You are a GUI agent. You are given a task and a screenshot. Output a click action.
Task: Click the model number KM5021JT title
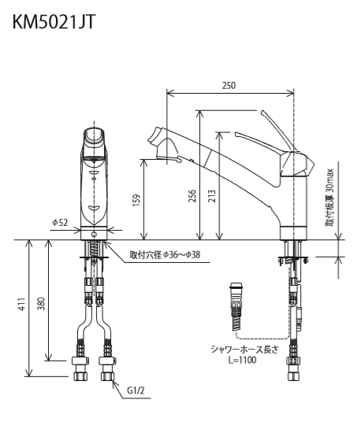point(54,22)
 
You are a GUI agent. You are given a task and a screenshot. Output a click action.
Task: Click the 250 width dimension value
point(229,86)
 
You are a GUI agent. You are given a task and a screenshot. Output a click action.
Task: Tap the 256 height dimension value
point(192,195)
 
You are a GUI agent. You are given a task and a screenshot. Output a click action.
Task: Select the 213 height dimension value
point(212,195)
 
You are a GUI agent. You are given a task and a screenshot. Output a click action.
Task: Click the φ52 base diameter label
point(60,222)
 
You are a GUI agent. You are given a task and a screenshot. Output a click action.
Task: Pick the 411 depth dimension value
point(22,304)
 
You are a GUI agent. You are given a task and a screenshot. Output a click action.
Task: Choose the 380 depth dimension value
point(41,304)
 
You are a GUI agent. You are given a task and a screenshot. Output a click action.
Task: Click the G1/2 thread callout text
point(135,390)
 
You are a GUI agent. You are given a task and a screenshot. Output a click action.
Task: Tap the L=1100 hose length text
point(243,360)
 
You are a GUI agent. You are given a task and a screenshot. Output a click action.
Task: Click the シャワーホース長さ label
point(244,350)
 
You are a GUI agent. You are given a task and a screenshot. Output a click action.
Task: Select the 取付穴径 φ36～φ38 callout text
point(165,254)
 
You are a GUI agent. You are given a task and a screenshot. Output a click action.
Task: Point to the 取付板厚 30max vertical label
point(330,198)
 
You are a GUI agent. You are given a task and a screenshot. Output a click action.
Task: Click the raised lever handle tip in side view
point(263,113)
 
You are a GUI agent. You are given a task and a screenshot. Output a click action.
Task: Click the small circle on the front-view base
point(94,235)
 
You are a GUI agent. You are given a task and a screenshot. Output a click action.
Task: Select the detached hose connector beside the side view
point(236,306)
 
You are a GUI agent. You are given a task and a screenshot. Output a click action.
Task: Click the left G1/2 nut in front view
point(80,376)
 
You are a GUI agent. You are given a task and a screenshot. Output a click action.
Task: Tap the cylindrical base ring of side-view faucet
point(294,233)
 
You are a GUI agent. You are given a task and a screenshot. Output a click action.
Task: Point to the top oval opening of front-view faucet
point(94,135)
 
